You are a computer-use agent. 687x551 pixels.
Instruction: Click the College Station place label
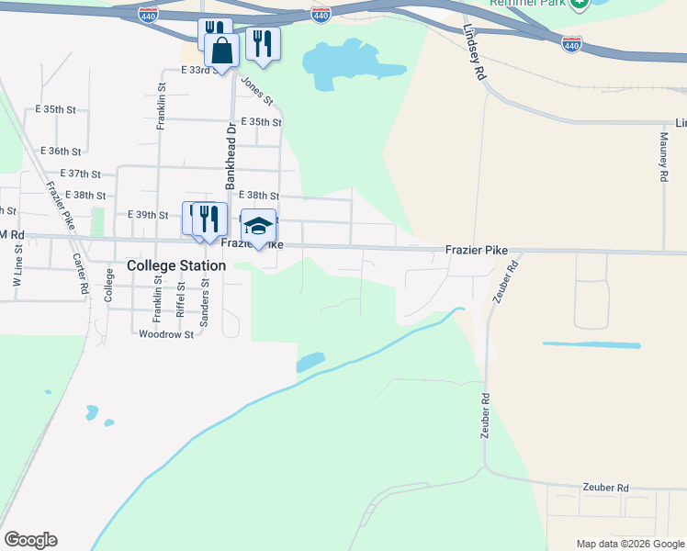click(x=175, y=265)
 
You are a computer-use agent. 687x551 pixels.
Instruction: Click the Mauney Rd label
click(x=663, y=155)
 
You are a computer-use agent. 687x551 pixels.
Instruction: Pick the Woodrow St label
click(x=165, y=334)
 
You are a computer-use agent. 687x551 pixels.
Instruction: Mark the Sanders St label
click(x=205, y=297)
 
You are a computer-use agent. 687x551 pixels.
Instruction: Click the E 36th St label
click(x=62, y=151)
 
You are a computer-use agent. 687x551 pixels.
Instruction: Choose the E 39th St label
click(x=148, y=215)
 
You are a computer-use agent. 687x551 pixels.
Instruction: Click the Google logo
click(x=30, y=540)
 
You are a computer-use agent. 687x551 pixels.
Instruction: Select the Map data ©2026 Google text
click(x=629, y=544)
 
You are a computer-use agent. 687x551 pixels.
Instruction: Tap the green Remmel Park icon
click(x=579, y=4)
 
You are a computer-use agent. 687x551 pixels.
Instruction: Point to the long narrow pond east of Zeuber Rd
click(x=591, y=345)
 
